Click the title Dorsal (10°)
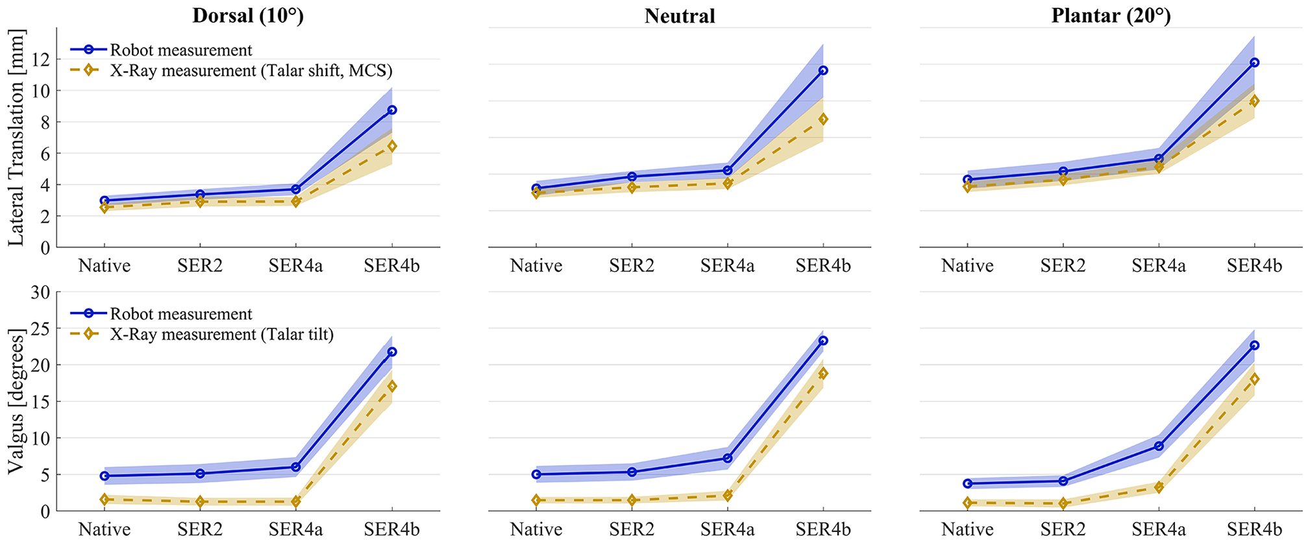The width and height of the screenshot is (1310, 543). pos(248,16)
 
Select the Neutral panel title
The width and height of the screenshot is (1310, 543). pos(680,16)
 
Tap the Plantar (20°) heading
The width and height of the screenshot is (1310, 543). pos(1111,16)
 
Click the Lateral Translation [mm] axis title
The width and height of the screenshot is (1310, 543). pos(16,138)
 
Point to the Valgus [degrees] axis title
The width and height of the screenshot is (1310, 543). pos(16,401)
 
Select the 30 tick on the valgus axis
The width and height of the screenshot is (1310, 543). pos(40,292)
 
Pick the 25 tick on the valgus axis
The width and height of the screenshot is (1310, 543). pos(40,328)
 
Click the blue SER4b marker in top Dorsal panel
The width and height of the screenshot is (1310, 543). pos(392,110)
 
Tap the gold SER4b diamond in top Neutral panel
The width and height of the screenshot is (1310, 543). pos(823,119)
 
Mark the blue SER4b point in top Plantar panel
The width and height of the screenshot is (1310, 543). pos(1254,63)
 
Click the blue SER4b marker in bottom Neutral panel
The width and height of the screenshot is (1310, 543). pos(823,341)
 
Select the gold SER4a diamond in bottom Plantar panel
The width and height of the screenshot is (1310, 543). pos(1159,487)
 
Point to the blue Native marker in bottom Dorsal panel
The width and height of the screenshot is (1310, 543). pos(105,476)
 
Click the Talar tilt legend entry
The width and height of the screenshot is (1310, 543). pos(221,334)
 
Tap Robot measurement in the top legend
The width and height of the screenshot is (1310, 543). pos(181,49)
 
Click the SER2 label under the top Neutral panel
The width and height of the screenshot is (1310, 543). pos(632,265)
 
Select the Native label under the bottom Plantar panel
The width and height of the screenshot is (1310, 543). pos(967,529)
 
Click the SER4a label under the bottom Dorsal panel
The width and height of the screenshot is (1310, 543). pos(296,529)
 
